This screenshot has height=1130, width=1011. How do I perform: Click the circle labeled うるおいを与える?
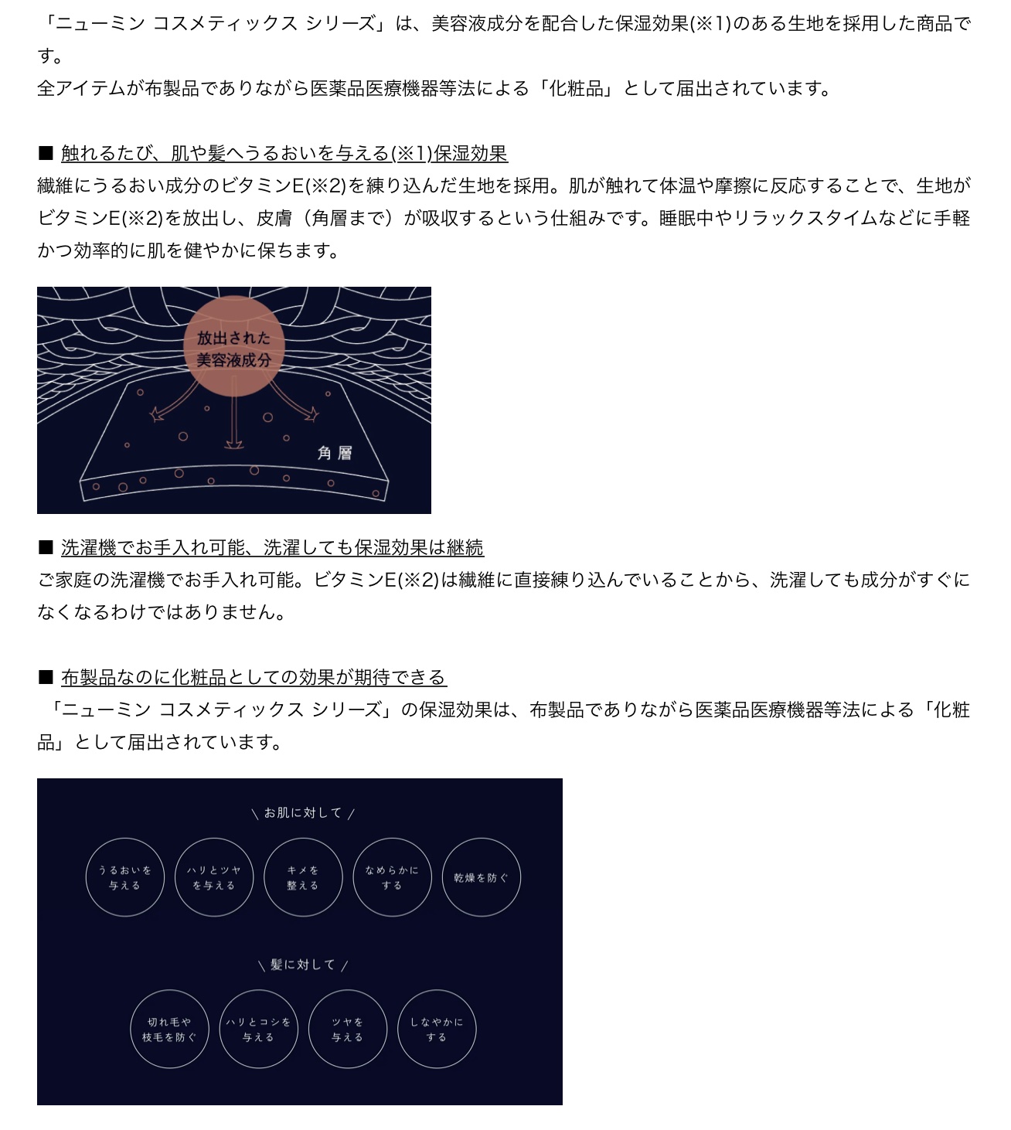tap(125, 839)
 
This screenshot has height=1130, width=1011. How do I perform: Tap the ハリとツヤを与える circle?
tap(214, 839)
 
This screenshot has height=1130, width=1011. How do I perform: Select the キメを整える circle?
tap(303, 839)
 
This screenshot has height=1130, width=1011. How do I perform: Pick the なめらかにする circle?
tap(392, 839)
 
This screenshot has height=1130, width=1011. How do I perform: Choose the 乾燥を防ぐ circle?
tap(482, 839)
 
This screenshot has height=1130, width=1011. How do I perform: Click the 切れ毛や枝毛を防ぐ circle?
tap(169, 991)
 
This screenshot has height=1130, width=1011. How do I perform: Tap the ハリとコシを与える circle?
tap(259, 991)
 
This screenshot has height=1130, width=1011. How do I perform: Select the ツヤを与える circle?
tap(348, 991)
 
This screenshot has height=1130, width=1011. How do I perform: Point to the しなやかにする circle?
tap(437, 991)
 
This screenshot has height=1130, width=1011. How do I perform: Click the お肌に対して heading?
tap(303, 813)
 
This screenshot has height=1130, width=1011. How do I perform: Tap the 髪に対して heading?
tap(303, 965)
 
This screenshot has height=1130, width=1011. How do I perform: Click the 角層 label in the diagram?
tap(335, 453)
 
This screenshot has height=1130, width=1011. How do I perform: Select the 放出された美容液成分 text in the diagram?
tap(233, 349)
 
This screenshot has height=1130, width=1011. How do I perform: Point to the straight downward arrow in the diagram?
tap(234, 413)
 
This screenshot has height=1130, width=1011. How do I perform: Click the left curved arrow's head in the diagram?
tap(158, 414)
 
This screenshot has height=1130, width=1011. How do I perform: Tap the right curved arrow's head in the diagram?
tap(311, 414)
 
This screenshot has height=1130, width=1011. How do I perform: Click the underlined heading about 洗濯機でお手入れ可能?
tap(272, 548)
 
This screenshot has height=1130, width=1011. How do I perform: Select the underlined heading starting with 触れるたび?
tap(284, 153)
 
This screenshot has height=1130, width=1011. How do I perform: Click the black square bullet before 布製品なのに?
tap(46, 678)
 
